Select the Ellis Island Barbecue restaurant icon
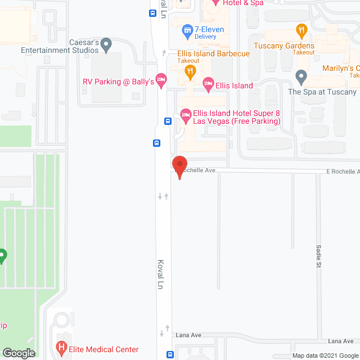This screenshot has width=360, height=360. click(191, 71)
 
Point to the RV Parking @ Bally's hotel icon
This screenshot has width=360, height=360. click(161, 79)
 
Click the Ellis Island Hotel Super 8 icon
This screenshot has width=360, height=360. click(185, 116)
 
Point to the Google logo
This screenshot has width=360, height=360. click(19, 353)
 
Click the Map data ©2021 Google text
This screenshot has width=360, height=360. click(325, 355)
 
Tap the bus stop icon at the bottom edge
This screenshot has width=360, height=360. click(169, 355)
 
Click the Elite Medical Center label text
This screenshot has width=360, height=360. click(103, 349)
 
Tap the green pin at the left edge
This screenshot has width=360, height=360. click(2, 256)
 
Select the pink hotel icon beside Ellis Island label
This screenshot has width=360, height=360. click(208, 85)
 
